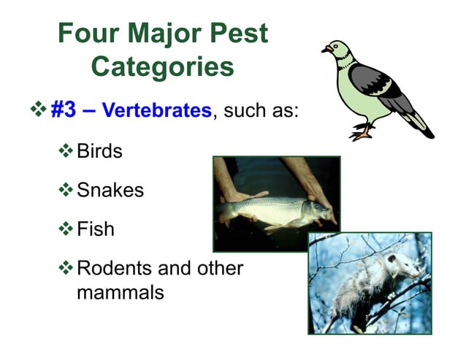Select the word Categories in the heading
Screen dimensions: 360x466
(162, 67)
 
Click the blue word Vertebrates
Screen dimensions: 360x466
(156, 112)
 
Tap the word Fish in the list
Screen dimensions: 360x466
(96, 229)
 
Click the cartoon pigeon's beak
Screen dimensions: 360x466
(326, 50)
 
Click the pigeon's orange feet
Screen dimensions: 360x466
(362, 134)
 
